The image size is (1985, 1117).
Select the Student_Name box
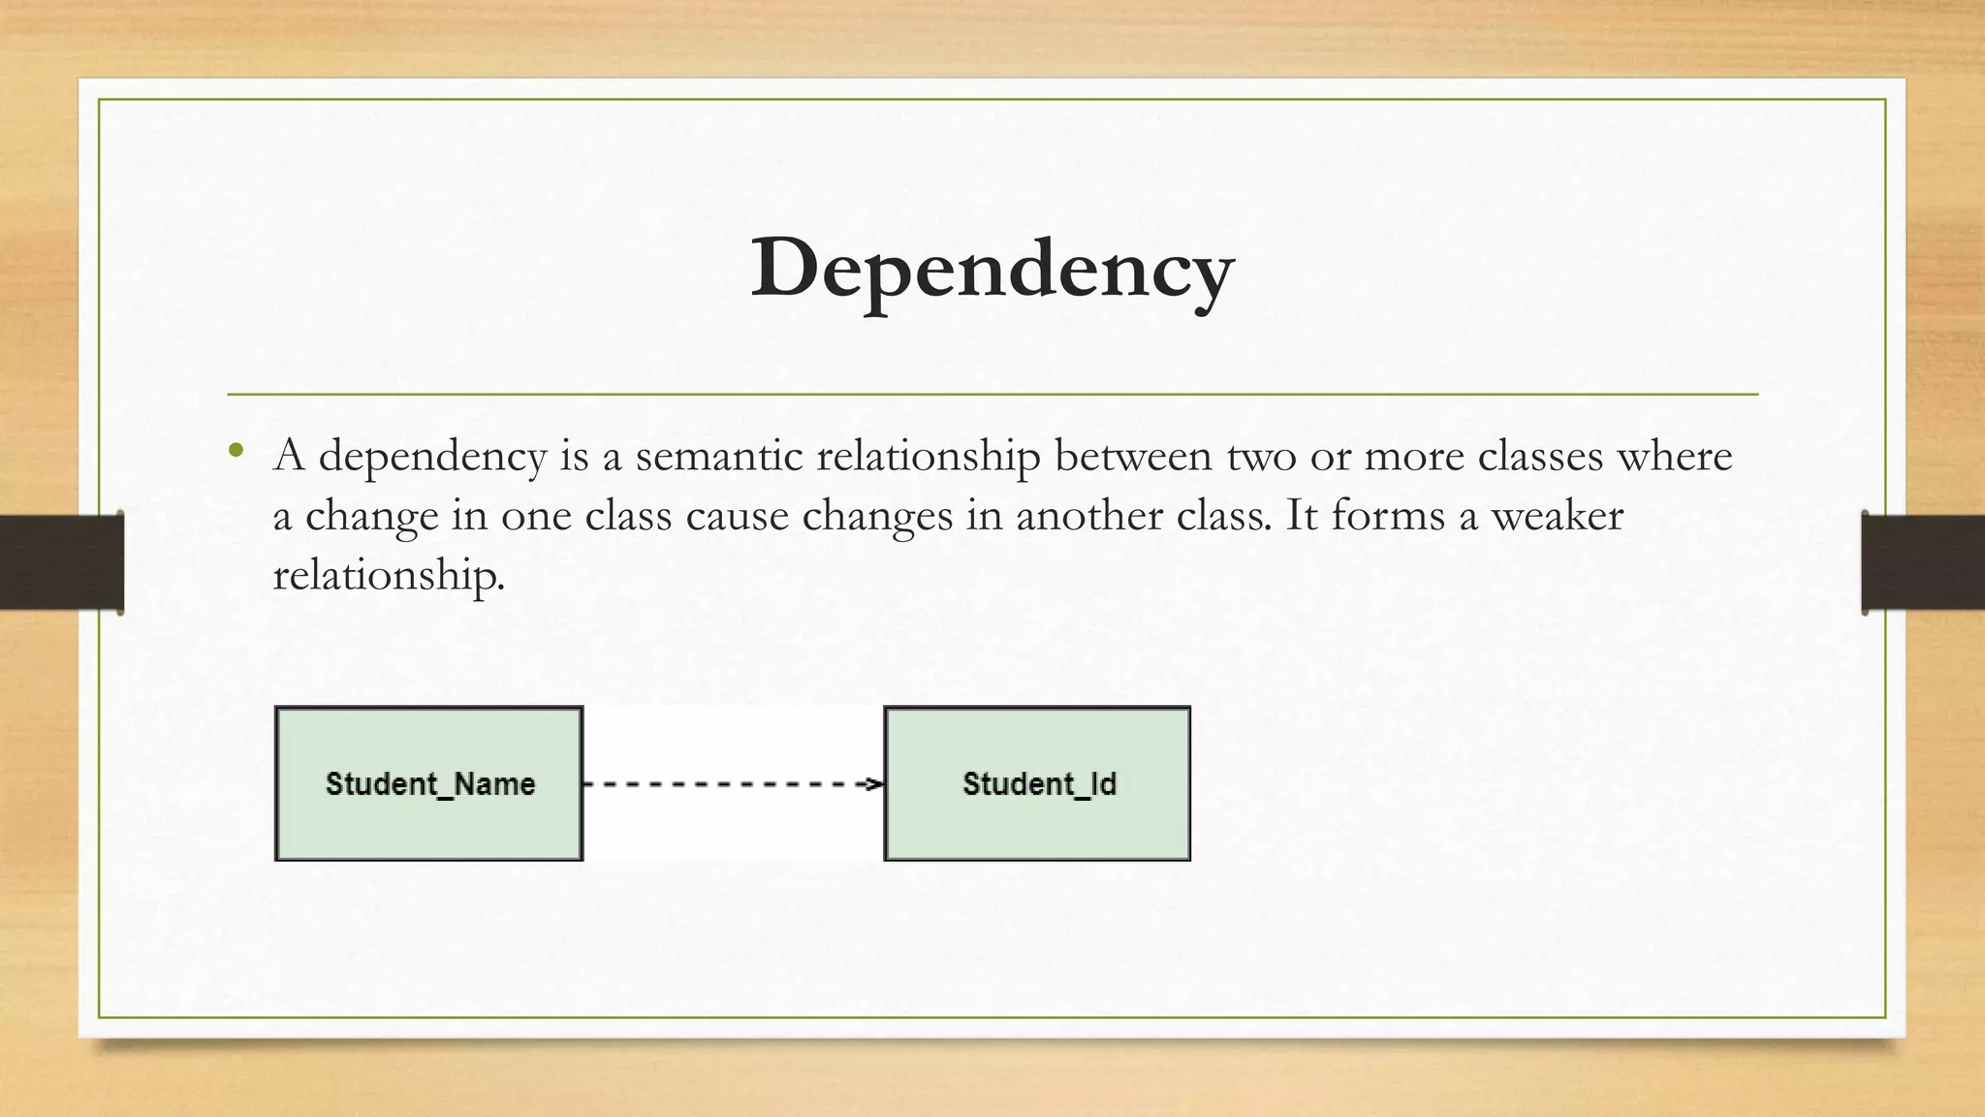[429, 783]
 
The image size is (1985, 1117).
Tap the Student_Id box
[1037, 783]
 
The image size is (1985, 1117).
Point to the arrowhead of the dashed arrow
[875, 783]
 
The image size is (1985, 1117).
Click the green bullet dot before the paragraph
[236, 450]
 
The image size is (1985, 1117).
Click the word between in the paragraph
[1132, 456]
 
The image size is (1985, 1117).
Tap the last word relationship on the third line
[388, 576]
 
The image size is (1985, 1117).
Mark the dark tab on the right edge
[1923, 562]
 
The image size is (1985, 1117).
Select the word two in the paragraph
[1261, 456]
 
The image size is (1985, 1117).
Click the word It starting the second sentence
[1301, 515]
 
